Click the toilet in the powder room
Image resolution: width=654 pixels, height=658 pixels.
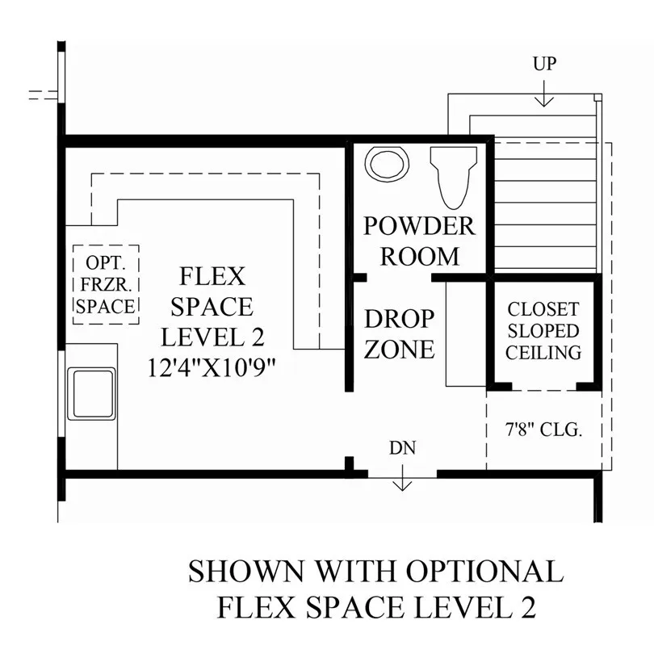coord(453,177)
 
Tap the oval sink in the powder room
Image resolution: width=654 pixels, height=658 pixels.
coord(387,164)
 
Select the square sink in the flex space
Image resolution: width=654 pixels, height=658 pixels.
coord(91,394)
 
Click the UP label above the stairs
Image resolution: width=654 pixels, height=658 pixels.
coord(544,64)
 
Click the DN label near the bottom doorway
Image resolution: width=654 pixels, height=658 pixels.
coord(402,448)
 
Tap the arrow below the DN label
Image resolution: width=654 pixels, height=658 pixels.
coord(402,477)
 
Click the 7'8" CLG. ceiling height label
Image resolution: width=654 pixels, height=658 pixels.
coord(543,430)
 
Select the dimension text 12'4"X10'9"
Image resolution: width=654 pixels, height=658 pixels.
coord(212,368)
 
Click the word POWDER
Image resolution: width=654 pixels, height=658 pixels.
coord(419,226)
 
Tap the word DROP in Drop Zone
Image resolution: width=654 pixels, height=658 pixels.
coord(399,319)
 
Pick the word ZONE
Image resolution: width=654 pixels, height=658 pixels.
coord(399,349)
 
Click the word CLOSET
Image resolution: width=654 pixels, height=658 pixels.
coord(543,310)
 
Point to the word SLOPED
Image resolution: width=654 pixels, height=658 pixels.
coord(543,331)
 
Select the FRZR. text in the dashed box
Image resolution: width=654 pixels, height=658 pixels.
coord(107,284)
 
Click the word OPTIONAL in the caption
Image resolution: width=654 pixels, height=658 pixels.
coord(484,571)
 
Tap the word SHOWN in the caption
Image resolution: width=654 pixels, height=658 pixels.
coord(246,571)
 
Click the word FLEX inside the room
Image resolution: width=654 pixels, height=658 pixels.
coord(212,277)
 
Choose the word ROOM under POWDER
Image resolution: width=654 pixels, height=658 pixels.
coord(419,257)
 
